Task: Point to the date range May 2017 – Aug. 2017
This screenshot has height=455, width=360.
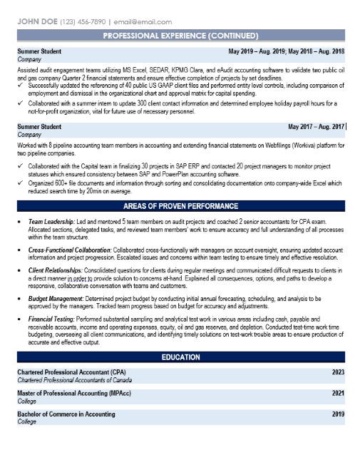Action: coord(316,126)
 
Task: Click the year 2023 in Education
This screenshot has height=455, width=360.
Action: coord(338,372)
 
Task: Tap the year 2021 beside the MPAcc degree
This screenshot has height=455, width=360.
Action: coord(338,393)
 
